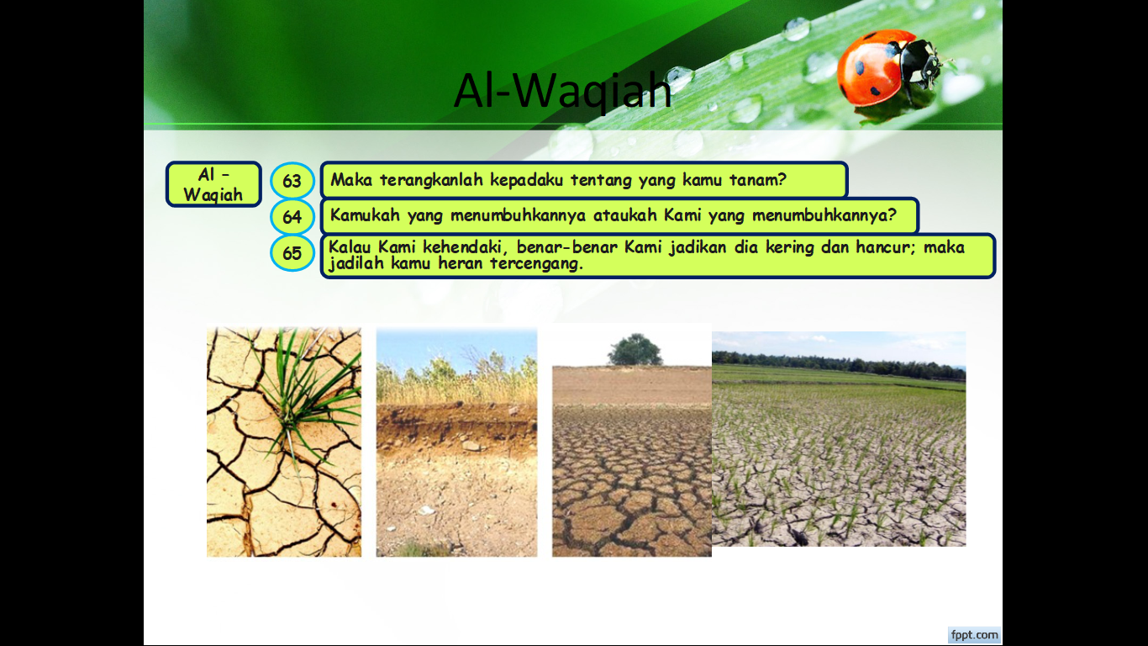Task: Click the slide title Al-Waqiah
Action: pos(563,92)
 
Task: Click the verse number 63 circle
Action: pos(292,181)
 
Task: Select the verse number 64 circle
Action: pos(292,216)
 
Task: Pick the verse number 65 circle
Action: pos(292,253)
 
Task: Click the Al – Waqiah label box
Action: pos(213,184)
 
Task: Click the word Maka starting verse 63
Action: pos(351,180)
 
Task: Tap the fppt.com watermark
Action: pos(974,635)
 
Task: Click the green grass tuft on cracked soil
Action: pos(303,390)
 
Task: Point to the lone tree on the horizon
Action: pos(635,349)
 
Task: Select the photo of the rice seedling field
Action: pos(839,439)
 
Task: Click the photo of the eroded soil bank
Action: pos(456,442)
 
